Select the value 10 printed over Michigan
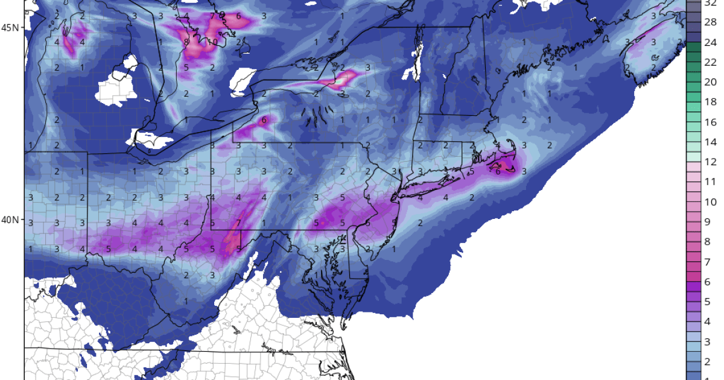(212, 42)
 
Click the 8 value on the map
(186, 42)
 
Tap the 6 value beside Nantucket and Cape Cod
(498, 171)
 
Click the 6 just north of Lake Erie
(264, 120)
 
